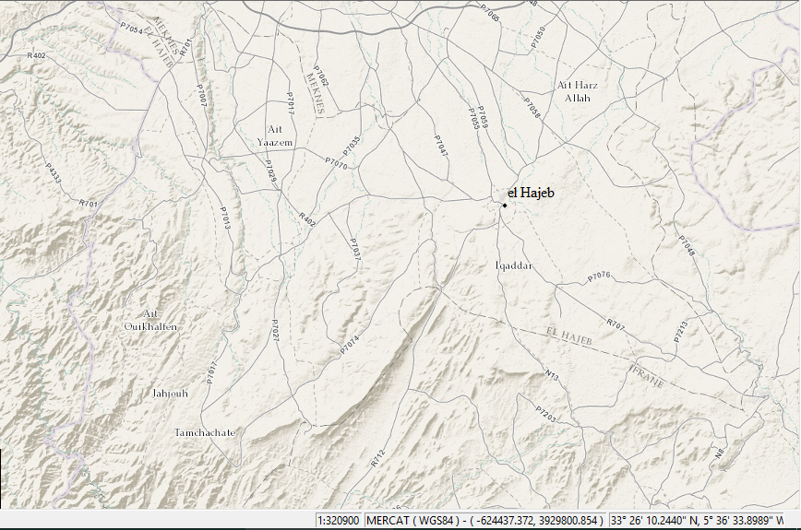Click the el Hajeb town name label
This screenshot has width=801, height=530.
(x=532, y=193)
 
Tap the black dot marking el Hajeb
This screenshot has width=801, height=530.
(x=505, y=205)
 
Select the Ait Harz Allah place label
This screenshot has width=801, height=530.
(x=578, y=91)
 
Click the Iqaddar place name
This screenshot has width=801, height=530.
(x=514, y=265)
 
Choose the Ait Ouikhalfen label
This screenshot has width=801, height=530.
(x=150, y=321)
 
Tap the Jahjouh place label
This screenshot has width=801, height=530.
(x=169, y=394)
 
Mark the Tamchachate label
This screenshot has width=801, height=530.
(x=205, y=432)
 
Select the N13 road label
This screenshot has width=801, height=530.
(x=552, y=375)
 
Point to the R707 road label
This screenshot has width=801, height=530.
(x=616, y=324)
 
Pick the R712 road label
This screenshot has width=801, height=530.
(x=377, y=457)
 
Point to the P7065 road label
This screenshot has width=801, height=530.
(x=490, y=12)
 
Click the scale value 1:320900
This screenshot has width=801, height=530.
(x=339, y=520)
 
